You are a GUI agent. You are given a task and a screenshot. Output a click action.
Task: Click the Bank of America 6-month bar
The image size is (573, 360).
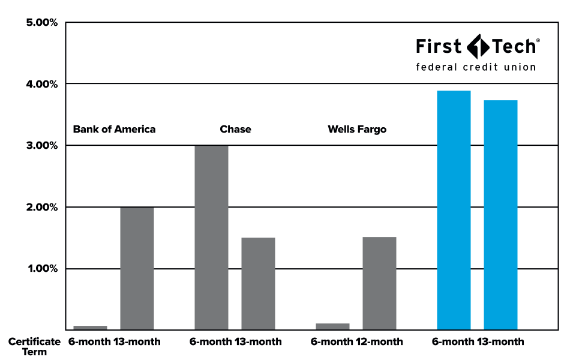(90, 328)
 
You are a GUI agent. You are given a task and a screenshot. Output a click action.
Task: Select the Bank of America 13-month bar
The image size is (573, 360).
(137, 268)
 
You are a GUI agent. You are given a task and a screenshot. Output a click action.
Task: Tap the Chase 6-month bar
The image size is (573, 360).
(211, 238)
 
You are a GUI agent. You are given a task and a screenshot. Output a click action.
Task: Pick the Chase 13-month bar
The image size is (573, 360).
(258, 284)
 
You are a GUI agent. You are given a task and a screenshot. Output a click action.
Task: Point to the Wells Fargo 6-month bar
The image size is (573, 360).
(332, 326)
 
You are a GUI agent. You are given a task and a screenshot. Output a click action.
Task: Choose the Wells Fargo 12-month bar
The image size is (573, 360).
(379, 283)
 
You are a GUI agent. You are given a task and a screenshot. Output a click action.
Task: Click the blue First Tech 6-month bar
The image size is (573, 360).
(454, 210)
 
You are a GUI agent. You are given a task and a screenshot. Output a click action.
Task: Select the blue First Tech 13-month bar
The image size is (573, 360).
(500, 215)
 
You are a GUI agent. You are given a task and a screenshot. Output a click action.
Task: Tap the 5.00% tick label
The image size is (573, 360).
(42, 23)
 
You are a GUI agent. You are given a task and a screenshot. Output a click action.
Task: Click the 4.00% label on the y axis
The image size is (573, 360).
(42, 85)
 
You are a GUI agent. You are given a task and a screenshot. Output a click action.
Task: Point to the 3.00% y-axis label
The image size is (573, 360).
(42, 146)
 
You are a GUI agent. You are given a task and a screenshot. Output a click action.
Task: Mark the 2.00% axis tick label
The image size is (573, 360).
(42, 208)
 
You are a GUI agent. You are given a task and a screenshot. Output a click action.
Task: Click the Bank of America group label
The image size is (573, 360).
(114, 129)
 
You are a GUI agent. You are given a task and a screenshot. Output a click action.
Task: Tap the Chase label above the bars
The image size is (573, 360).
(235, 129)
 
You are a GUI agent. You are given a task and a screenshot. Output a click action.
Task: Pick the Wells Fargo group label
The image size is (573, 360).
(357, 129)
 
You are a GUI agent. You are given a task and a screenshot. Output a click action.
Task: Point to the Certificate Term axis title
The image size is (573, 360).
(34, 347)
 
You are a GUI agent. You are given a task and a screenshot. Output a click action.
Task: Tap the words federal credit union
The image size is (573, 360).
(476, 67)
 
